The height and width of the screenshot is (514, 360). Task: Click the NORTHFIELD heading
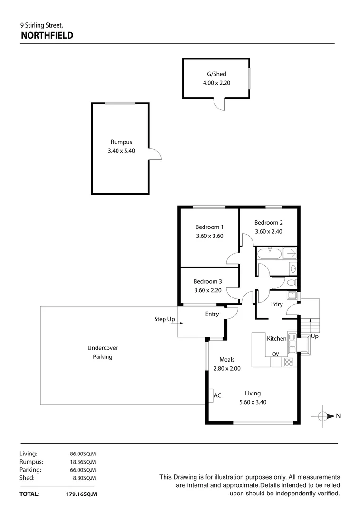point(47,35)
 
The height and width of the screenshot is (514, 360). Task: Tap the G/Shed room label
point(216,74)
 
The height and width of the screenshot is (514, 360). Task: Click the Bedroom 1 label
point(209,227)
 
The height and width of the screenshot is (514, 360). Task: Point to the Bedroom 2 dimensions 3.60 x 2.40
point(268,231)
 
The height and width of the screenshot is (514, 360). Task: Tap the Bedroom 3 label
point(207,281)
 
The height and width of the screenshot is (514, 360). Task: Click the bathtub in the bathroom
point(269,253)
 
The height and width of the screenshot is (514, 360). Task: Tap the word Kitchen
point(276,339)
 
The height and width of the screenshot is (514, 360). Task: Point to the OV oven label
point(275,354)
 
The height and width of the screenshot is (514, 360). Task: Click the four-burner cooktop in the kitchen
point(289,362)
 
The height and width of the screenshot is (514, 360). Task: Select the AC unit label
point(217,395)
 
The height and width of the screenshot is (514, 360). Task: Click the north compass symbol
point(323,416)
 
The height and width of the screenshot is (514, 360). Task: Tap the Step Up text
point(164,319)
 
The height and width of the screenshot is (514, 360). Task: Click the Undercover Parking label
point(103,352)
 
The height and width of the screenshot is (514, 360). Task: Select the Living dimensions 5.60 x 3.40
point(253,402)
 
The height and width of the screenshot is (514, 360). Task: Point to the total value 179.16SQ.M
point(81,494)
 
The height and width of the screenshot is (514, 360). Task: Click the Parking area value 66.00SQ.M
point(83,470)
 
